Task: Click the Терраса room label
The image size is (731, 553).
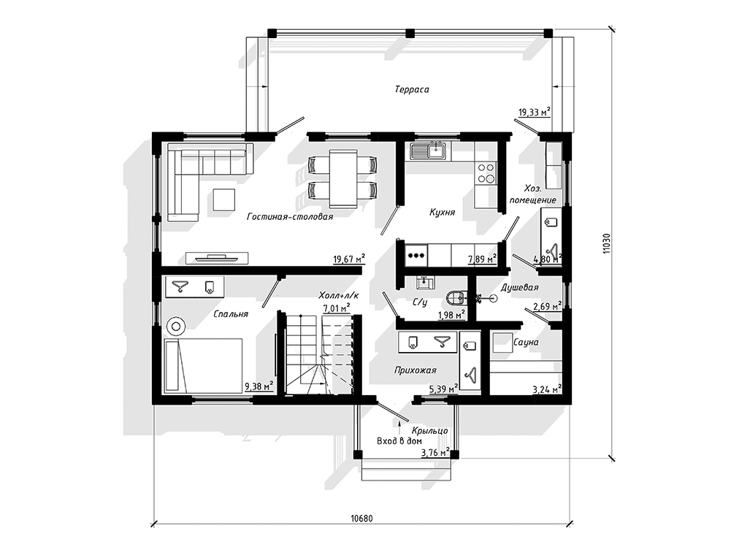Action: coord(412,90)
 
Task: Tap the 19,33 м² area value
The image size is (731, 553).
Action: coord(535,112)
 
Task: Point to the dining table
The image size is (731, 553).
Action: coord(343,178)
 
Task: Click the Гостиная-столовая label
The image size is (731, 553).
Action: coord(290,216)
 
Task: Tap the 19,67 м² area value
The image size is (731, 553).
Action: coord(349,259)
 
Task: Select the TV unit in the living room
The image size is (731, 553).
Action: coord(217,257)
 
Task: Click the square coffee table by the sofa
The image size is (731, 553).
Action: coord(224,199)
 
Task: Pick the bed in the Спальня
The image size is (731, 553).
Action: coord(203,365)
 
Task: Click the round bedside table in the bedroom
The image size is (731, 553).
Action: coord(176,327)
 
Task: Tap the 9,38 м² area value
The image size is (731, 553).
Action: coord(259,386)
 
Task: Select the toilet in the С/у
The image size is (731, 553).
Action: coord(456,297)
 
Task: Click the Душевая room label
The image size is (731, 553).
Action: coord(519,288)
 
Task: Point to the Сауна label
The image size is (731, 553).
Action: coord(525,342)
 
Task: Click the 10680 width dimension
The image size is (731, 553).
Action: coord(361,519)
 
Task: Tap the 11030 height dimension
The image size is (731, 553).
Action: coord(605,244)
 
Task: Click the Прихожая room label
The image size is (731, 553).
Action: coord(416,370)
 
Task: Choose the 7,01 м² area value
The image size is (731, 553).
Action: coord(337,308)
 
